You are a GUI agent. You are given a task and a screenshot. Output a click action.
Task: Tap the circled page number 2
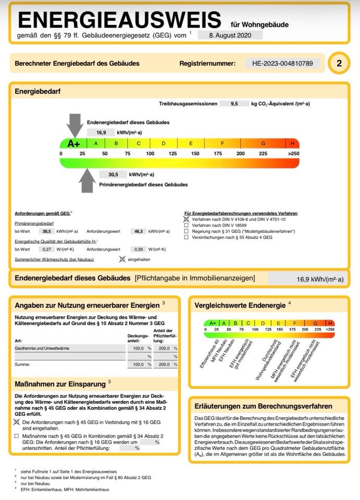coord(339,64)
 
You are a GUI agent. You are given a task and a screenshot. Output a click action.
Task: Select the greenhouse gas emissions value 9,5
coord(233,104)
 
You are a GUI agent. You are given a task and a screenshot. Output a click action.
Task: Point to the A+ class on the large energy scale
coord(73,143)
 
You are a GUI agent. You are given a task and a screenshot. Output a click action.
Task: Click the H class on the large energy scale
coord(292,143)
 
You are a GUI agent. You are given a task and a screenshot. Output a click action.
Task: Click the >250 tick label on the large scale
coord(293,154)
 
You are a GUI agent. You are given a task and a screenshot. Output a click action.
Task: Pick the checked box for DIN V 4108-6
coord(187,220)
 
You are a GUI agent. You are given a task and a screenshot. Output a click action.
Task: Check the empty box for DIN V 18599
coord(187,226)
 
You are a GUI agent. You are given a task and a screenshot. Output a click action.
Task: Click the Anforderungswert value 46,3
coord(139,231)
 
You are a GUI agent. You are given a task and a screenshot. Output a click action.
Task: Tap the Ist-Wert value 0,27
coord(47,249)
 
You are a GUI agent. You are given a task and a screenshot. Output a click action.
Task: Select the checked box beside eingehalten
coord(122,259)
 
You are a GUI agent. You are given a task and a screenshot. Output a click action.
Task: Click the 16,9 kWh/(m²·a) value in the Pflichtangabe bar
coord(320,279)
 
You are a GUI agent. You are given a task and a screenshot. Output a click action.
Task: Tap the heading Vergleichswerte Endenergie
coord(240,305)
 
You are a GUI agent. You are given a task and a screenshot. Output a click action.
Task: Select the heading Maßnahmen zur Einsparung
coord(60,384)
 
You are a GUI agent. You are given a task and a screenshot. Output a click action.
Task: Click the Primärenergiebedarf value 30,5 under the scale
coord(113,174)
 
